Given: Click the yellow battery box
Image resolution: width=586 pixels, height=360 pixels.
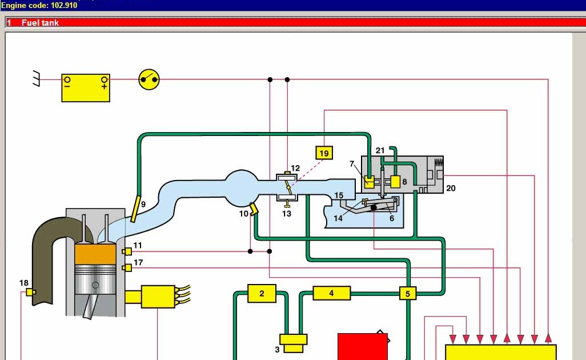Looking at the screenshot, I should pyautogui.click(x=86, y=87).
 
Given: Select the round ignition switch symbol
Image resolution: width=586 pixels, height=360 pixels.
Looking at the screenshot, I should pyautogui.click(x=149, y=79).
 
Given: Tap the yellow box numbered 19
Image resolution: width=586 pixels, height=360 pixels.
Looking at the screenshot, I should pyautogui.click(x=324, y=153).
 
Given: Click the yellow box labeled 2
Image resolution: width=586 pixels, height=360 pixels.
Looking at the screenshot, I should pyautogui.click(x=262, y=294).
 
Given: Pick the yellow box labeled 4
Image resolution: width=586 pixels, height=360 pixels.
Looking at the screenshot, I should pyautogui.click(x=331, y=294).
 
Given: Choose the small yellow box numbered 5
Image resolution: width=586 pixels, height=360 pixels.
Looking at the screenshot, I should pyautogui.click(x=407, y=294).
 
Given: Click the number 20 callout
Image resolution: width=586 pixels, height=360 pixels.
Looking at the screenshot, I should pyautogui.click(x=451, y=188).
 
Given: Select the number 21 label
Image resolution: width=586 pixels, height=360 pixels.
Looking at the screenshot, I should pyautogui.click(x=380, y=151).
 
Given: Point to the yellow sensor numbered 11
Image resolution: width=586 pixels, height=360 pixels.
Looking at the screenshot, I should pyautogui.click(x=127, y=251).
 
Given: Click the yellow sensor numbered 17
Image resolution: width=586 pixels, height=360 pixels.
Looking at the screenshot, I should pyautogui.click(x=127, y=267).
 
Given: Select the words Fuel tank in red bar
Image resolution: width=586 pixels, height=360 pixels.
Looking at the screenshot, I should pyautogui.click(x=40, y=23).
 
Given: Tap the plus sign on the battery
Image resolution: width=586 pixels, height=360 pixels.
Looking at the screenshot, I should pyautogui.click(x=104, y=86).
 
